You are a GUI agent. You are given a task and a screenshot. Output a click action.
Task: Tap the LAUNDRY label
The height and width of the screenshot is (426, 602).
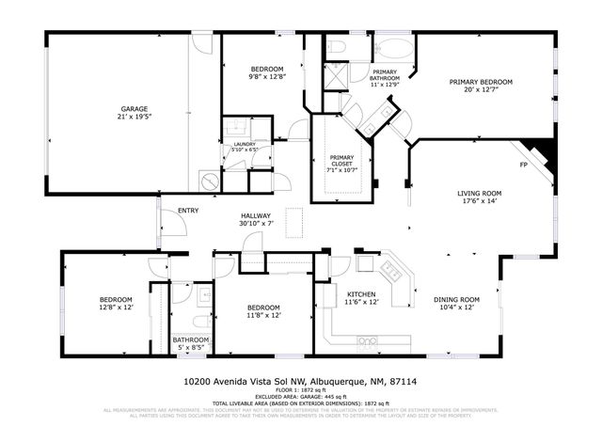point(245,144)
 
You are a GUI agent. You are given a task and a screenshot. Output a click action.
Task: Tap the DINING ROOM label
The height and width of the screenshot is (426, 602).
point(457,300)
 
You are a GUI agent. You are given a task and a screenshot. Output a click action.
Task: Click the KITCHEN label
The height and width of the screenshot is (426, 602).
point(361,294)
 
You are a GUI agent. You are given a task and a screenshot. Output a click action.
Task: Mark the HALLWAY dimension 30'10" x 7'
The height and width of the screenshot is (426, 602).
point(255,223)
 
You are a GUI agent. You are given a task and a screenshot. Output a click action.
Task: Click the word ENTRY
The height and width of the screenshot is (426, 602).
point(188,211)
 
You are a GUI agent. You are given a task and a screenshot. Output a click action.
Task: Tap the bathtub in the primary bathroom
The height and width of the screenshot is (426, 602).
point(393,50)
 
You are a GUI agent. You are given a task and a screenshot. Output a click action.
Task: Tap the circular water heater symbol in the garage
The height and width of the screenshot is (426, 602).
point(209,179)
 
